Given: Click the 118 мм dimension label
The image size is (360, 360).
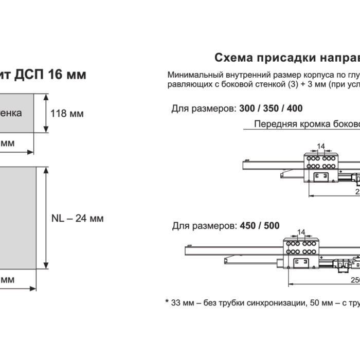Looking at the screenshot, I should pos(67,113).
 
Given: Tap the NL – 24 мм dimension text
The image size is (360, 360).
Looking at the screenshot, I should pos(78,218).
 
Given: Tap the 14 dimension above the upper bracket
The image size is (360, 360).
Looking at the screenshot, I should pos(321,147).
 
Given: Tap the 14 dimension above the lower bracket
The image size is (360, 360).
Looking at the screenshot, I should pos(302,232).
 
